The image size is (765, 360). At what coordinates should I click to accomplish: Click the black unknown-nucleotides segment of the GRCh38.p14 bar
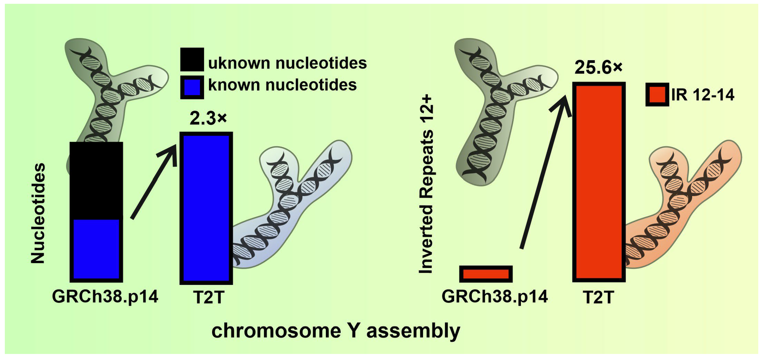96,180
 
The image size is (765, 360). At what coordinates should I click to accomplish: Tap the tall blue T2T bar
206,208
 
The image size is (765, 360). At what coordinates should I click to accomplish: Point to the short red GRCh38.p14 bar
486,273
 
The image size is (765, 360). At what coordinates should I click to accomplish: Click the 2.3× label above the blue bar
208,118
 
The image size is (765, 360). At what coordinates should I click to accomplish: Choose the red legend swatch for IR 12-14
657,94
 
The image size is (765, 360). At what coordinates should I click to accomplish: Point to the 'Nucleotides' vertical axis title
38,213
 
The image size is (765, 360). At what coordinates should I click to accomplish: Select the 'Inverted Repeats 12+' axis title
426,184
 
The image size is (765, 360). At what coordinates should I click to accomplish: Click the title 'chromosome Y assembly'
336,331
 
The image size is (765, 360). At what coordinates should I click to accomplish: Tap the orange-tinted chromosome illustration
683,208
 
